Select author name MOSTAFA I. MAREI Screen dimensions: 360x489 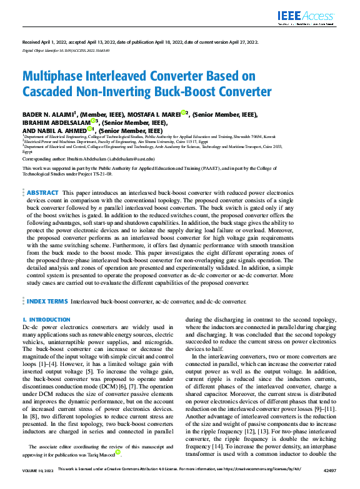coord(149,114)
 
